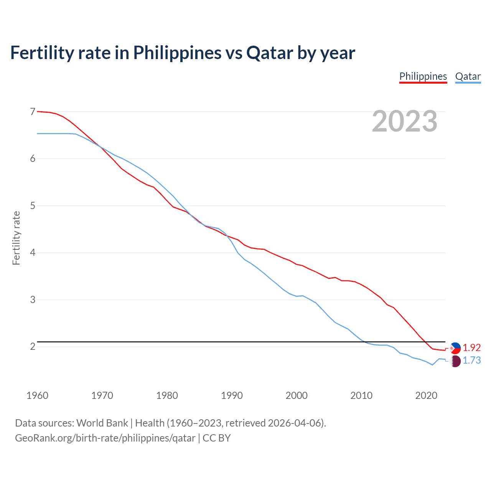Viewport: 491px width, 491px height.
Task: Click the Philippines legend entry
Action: [423, 76]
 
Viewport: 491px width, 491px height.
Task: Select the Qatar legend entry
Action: [468, 76]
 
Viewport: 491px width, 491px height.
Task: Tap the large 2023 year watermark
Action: [404, 121]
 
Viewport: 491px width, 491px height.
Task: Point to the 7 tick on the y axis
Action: [33, 112]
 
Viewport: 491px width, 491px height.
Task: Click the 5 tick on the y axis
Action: [33, 206]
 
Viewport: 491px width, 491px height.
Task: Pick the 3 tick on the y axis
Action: [33, 300]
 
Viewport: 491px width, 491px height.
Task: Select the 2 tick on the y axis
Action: [33, 346]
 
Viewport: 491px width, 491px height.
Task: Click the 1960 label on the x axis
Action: [37, 395]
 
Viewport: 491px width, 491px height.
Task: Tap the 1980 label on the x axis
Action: [167, 395]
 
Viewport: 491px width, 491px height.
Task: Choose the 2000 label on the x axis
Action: [297, 395]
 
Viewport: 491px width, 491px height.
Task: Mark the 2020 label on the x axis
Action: [426, 395]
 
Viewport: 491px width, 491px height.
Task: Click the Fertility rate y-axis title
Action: [16, 238]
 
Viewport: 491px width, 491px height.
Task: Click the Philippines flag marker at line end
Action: [455, 348]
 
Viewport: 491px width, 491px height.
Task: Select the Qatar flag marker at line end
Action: [455, 361]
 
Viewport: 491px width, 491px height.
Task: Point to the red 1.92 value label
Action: [471, 348]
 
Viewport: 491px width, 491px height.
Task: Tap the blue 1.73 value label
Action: [471, 361]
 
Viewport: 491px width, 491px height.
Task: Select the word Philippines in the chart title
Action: [177, 53]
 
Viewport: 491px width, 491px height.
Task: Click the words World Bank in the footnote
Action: [102, 423]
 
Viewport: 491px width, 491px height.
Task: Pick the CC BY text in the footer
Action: [217, 438]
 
